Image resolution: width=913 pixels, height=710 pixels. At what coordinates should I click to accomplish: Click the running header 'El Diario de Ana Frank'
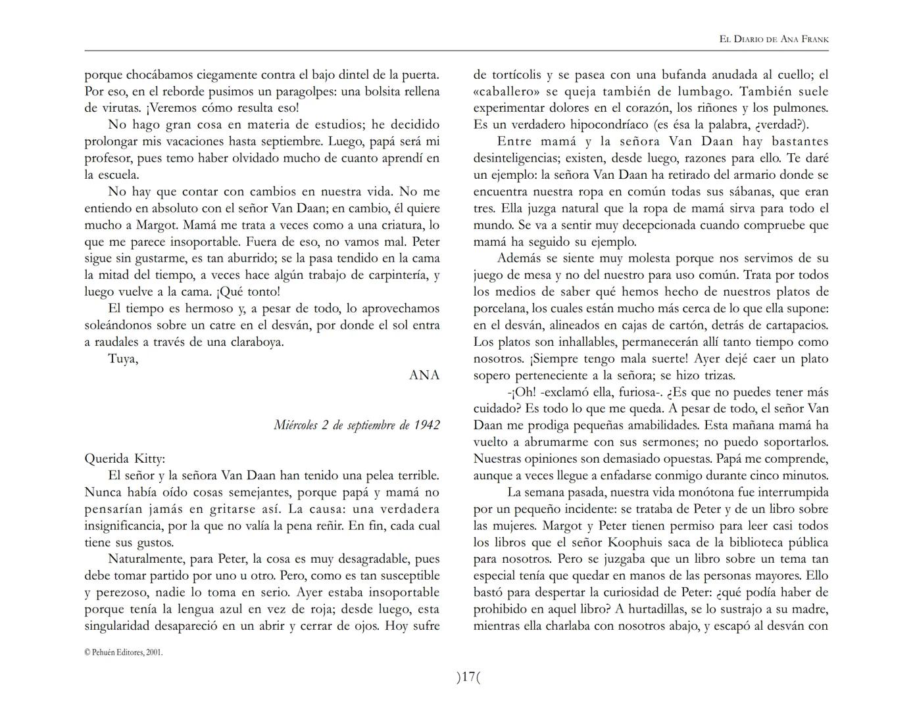(774, 39)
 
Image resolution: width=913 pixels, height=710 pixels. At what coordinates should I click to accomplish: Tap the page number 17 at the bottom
(468, 676)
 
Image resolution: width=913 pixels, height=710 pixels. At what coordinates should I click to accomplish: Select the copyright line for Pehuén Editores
(124, 652)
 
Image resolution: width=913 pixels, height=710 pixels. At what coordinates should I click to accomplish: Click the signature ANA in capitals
(424, 375)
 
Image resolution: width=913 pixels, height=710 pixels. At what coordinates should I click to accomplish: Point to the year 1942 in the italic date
(427, 425)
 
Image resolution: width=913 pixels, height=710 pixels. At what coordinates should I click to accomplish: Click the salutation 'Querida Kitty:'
(125, 459)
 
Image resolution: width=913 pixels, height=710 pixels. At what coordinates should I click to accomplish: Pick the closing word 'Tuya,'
(123, 359)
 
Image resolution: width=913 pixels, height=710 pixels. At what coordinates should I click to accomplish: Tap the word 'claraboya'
(254, 342)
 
